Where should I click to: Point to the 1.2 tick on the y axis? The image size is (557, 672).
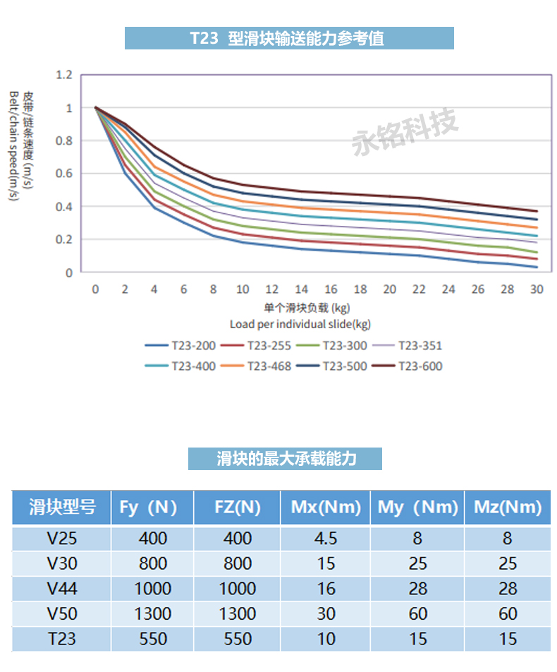tap(64, 74)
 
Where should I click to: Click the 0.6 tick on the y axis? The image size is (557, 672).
tap(64, 174)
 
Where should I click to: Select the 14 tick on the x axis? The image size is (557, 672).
tap(301, 289)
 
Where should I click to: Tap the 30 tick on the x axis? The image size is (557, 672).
tap(537, 289)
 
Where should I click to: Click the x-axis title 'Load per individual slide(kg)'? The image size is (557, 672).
tap(300, 323)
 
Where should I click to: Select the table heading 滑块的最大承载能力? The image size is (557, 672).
tap(285, 459)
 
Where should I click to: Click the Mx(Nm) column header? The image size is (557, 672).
tap(326, 507)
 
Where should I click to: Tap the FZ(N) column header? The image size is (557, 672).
tap(237, 507)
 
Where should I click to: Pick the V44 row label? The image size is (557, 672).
tap(62, 589)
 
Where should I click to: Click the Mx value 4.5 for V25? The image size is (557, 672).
tap(326, 539)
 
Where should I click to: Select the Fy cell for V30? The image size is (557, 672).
tap(153, 563)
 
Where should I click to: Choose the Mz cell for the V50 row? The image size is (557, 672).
tap(507, 613)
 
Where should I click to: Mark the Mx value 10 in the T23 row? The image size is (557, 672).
tap(326, 639)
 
